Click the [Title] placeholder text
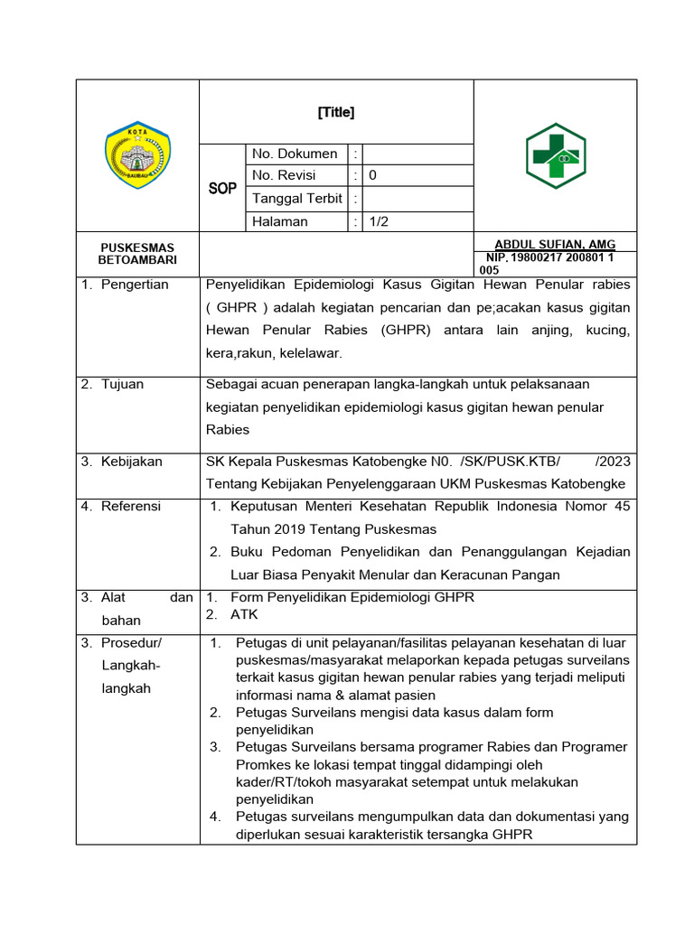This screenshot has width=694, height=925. point(336,113)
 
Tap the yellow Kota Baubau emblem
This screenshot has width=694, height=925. point(138,155)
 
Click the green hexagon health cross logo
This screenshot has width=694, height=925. point(556,156)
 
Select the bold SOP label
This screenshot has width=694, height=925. point(222,189)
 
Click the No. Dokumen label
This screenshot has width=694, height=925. point(295,154)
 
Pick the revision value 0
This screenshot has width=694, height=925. point(372,176)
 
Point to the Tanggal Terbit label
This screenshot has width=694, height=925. point(297,199)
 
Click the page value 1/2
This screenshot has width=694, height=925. point(378,221)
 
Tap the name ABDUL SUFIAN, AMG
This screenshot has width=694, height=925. point(555,245)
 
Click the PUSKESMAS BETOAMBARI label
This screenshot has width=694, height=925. point(137,254)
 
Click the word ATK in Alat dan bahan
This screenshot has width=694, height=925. point(244,614)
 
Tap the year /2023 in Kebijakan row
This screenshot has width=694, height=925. point(613,462)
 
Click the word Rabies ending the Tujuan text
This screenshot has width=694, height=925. point(228,430)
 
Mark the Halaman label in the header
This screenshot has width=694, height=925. point(280,221)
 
